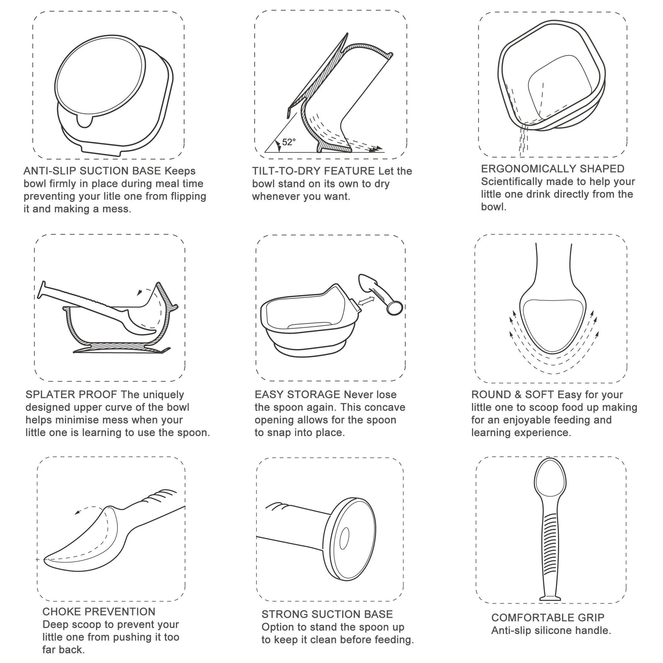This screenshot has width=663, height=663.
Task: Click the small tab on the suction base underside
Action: click(84, 122)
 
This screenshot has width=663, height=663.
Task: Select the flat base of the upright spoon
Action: click(550, 599)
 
